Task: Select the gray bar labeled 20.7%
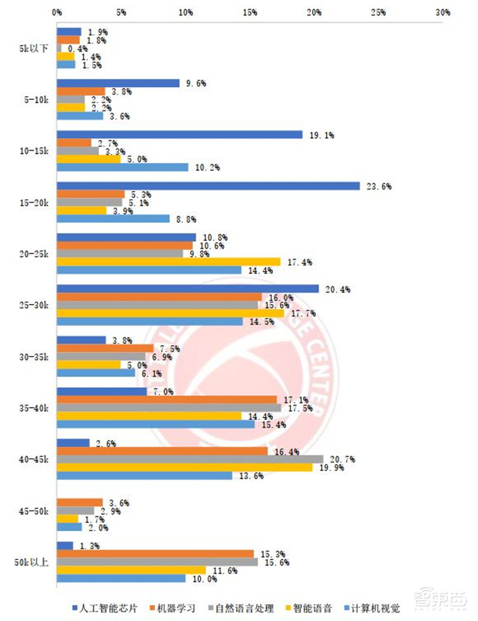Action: [x=189, y=459]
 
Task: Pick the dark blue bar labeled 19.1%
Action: [x=179, y=135]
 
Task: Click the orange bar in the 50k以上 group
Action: [x=155, y=554]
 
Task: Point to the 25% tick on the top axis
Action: [x=378, y=12]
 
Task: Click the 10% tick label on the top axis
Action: [x=185, y=12]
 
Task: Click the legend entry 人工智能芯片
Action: [x=112, y=608]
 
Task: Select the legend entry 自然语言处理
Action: [x=245, y=608]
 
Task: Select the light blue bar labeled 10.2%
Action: [x=122, y=168]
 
